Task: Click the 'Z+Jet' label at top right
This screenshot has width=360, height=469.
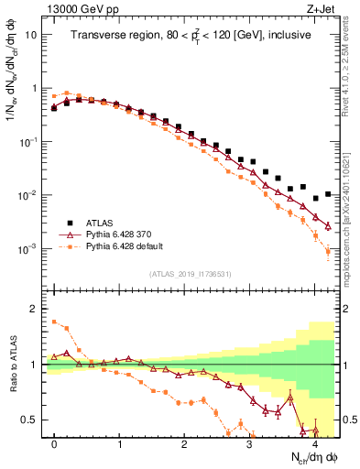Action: coord(322,8)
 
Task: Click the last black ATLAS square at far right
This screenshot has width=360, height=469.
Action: coord(328,194)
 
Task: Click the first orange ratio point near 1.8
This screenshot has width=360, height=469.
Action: coord(54,321)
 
